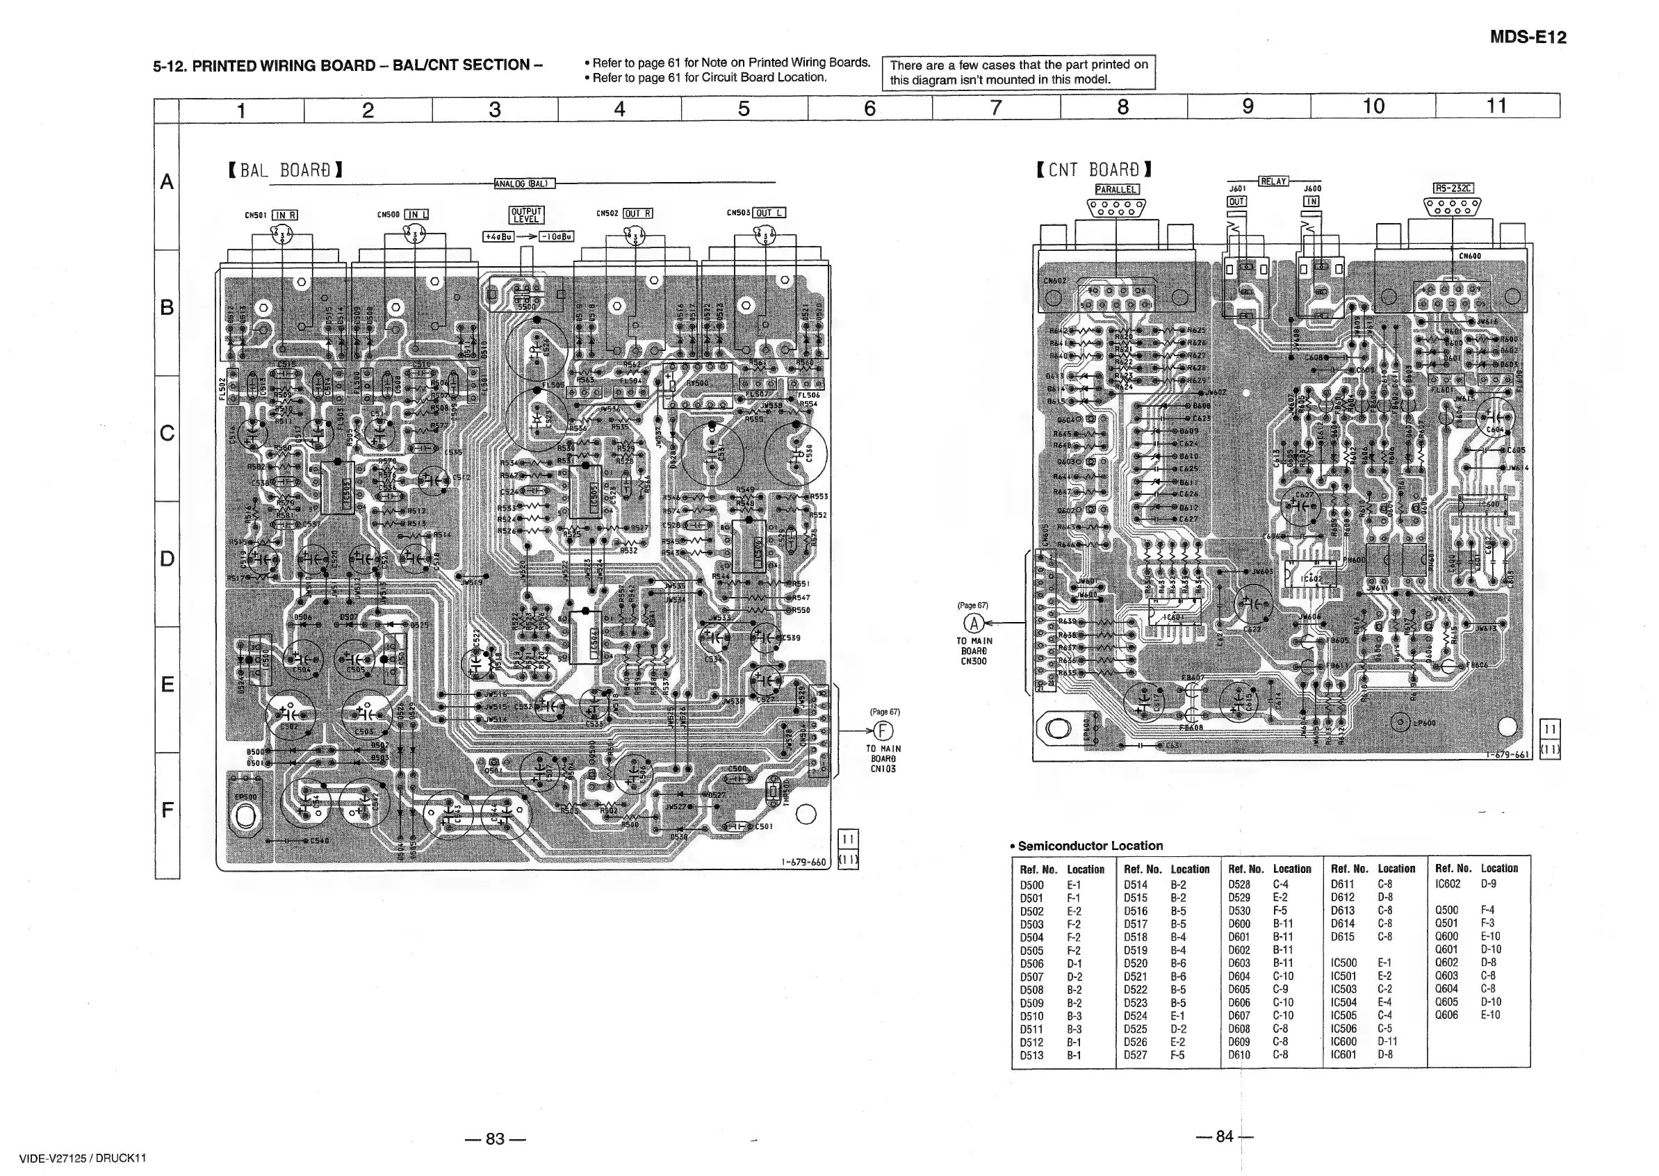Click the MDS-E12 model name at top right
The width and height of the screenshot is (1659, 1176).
pos(1527,38)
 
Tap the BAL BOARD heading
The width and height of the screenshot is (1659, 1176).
pos(284,170)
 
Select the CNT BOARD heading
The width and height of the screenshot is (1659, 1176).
pos(1093,170)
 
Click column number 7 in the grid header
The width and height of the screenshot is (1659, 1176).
pos(996,108)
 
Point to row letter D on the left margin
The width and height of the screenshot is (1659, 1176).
pos(167,558)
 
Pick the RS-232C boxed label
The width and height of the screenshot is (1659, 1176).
pos(1453,189)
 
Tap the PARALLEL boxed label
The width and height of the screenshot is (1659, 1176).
pos(1117,190)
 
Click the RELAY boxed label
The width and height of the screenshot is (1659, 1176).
pos(1274,181)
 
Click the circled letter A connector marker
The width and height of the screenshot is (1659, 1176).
pos(974,623)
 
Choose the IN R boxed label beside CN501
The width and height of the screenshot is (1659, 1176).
pos(286,215)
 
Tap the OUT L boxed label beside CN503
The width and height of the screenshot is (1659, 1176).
pos(769,213)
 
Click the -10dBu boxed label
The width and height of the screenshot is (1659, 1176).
pos(556,237)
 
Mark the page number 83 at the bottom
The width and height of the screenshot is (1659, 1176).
pos(496,1138)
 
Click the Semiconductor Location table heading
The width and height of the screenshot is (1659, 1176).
pos(1090,846)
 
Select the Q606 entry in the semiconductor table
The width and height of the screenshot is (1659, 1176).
pos(1446,1015)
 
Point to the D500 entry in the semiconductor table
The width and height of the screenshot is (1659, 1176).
pos(1032,885)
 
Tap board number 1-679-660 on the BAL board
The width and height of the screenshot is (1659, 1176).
pos(804,862)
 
